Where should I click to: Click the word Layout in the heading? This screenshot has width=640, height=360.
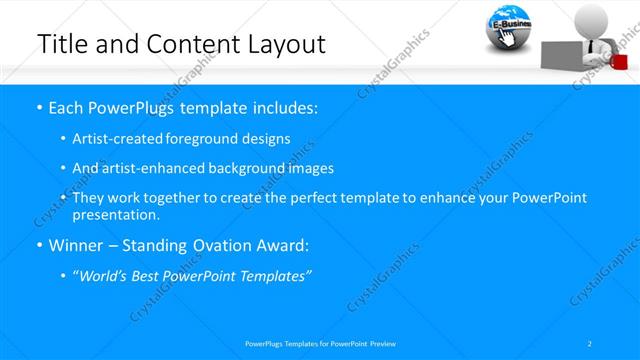(289, 44)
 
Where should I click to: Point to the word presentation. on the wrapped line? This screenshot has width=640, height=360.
(115, 215)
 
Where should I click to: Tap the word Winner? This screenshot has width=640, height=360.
(78, 245)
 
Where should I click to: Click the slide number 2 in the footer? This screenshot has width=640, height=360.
(589, 343)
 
